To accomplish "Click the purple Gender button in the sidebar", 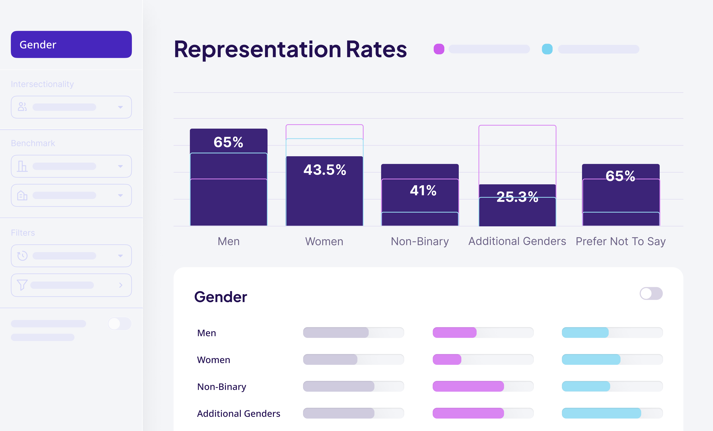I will click(71, 45).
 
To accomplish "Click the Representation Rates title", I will click(290, 49).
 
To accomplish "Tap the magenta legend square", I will click(439, 49).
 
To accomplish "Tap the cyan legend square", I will click(547, 49).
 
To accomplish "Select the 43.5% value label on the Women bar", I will click(325, 170).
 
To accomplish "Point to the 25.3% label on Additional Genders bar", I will click(517, 197).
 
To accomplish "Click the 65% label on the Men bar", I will click(228, 142).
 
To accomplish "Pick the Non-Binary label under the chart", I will click(420, 241).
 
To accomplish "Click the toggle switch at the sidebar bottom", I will click(119, 324).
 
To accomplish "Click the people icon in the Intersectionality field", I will click(22, 107).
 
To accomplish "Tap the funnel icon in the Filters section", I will click(22, 285).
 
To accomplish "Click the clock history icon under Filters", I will click(22, 256).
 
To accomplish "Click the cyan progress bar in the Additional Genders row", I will click(601, 413).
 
